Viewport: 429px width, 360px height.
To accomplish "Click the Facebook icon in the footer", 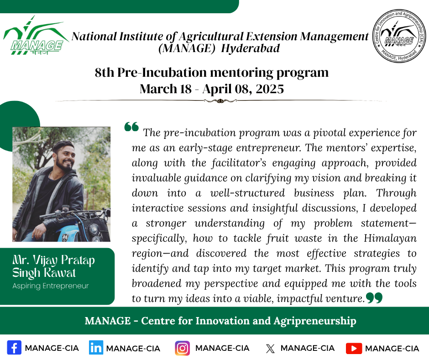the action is click(14, 348).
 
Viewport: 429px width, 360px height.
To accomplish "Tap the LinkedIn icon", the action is click(96, 348).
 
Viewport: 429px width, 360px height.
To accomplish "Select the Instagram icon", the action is click(183, 348).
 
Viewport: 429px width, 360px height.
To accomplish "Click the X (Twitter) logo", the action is click(270, 349).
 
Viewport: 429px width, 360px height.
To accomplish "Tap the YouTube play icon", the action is click(354, 348).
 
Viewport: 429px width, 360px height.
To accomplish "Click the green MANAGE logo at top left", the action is click(35, 36).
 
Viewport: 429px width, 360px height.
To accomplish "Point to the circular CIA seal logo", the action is click(399, 36).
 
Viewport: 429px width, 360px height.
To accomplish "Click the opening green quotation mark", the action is click(131, 127).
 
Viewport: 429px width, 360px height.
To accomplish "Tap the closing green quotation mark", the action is click(374, 298).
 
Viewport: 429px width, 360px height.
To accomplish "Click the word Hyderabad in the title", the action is click(251, 48).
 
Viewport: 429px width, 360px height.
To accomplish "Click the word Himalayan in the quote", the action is click(390, 238).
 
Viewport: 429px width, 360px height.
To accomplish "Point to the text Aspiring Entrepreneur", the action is click(51, 286).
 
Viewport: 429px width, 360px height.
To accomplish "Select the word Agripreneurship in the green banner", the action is click(315, 321).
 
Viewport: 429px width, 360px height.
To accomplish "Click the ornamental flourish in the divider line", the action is click(220, 101).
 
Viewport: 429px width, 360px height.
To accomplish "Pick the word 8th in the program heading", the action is click(105, 73).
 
